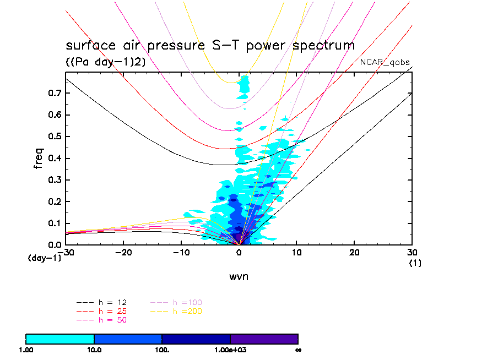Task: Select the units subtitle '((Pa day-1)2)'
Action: point(106,62)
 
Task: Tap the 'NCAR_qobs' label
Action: point(385,62)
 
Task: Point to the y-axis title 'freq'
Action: point(39,156)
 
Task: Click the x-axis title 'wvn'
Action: point(239,276)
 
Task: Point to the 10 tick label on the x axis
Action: point(297,252)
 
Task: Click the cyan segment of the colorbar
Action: point(60,339)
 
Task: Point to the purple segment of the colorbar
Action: point(264,339)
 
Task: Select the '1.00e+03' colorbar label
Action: point(230,350)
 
